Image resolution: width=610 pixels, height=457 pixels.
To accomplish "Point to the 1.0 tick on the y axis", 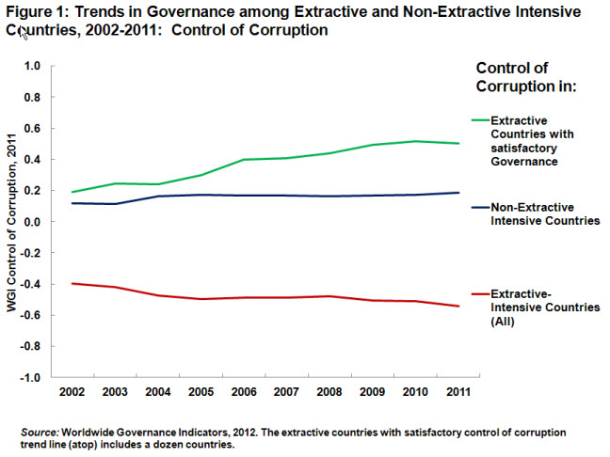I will pyautogui.click(x=33, y=66).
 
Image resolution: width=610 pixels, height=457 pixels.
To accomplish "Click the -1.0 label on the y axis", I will pyautogui.click(x=31, y=377).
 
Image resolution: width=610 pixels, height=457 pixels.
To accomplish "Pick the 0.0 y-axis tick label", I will pyautogui.click(x=33, y=222).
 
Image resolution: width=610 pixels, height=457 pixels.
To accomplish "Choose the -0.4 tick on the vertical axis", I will pyautogui.click(x=31, y=284).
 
